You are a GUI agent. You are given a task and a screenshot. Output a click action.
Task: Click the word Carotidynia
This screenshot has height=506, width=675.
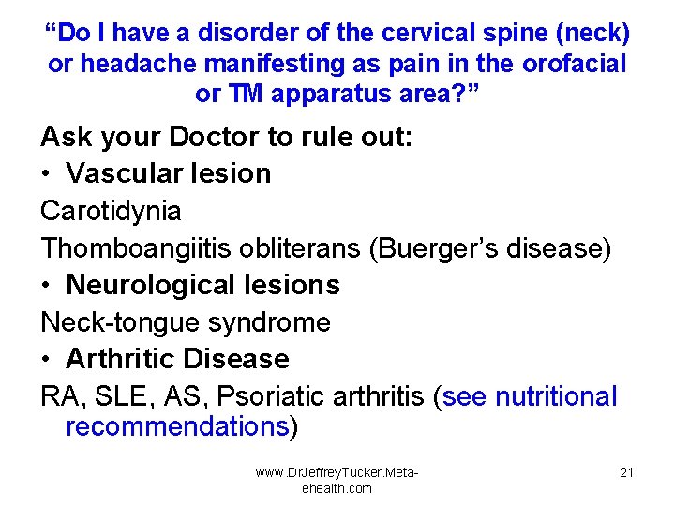[x=111, y=212]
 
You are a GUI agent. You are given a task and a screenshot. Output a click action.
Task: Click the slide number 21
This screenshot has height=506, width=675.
[x=626, y=472]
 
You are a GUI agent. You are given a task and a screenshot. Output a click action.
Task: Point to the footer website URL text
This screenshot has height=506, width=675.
[x=337, y=480]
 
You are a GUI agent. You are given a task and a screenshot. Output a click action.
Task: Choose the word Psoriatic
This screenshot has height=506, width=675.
[x=273, y=397]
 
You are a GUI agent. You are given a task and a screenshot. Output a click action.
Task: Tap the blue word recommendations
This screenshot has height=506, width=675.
[x=176, y=427]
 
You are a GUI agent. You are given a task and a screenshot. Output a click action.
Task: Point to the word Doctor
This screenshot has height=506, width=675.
[x=215, y=137]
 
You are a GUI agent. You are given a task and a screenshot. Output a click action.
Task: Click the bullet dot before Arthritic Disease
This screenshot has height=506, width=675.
[x=46, y=360]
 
